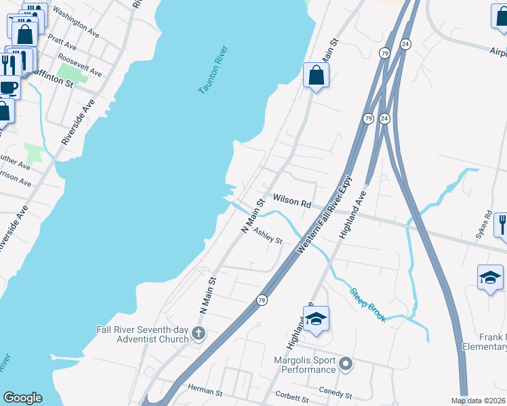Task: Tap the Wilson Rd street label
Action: tap(291, 202)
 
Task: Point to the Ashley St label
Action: tap(267, 235)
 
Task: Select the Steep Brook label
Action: tap(368, 305)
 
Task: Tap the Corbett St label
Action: tap(292, 394)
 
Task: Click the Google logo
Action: tap(22, 398)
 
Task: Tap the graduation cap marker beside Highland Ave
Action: tap(315, 319)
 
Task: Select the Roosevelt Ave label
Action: tap(80, 64)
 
